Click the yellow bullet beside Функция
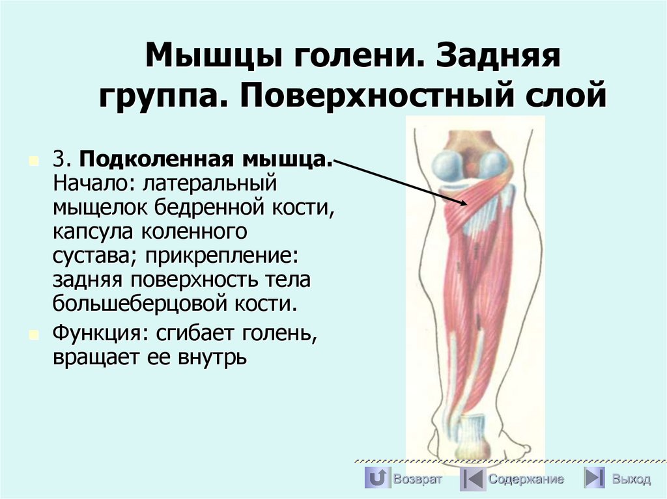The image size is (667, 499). coord(33,333)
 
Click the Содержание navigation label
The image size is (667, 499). coord(526,479)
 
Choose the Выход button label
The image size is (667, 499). coord(631,479)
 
